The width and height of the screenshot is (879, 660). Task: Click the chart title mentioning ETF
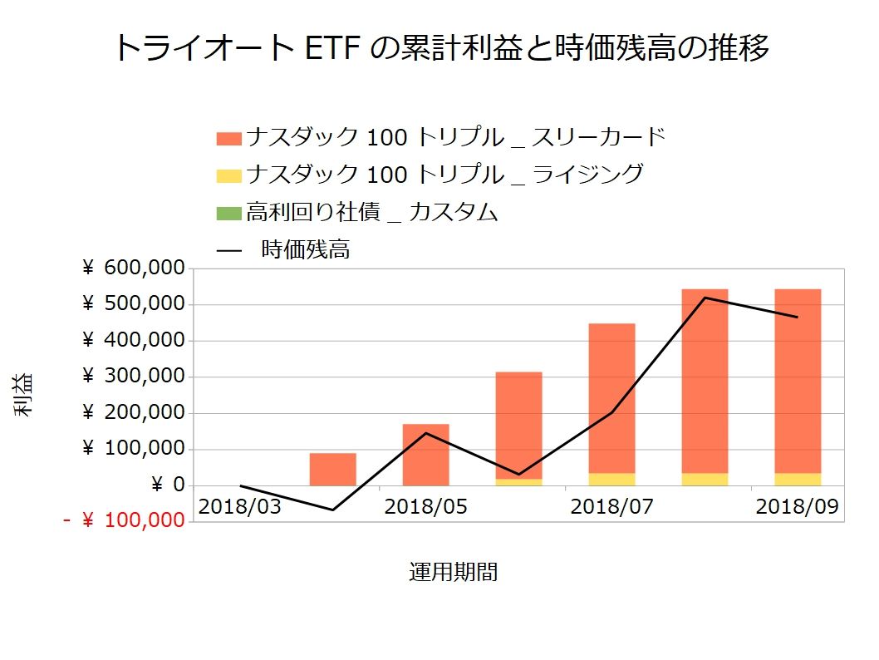[x=440, y=47]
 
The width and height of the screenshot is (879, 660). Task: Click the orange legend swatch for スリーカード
[x=228, y=137]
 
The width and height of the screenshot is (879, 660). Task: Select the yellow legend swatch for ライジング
[x=228, y=175]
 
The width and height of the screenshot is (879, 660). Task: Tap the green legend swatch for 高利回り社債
[x=228, y=213]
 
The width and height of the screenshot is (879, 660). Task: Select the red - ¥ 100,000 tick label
[x=123, y=521]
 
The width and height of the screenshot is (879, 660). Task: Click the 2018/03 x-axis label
[x=239, y=505]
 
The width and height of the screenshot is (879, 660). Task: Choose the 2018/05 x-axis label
[x=425, y=505]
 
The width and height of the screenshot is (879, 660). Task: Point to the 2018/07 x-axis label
[x=611, y=505]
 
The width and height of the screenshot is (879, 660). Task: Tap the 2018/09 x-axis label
[x=797, y=505]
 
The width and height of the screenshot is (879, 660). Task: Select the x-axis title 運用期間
[x=453, y=572]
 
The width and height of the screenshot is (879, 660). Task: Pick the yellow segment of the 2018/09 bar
[x=798, y=480]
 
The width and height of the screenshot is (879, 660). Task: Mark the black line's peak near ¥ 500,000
[x=705, y=298]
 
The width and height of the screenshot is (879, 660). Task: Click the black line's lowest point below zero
[x=332, y=510]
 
